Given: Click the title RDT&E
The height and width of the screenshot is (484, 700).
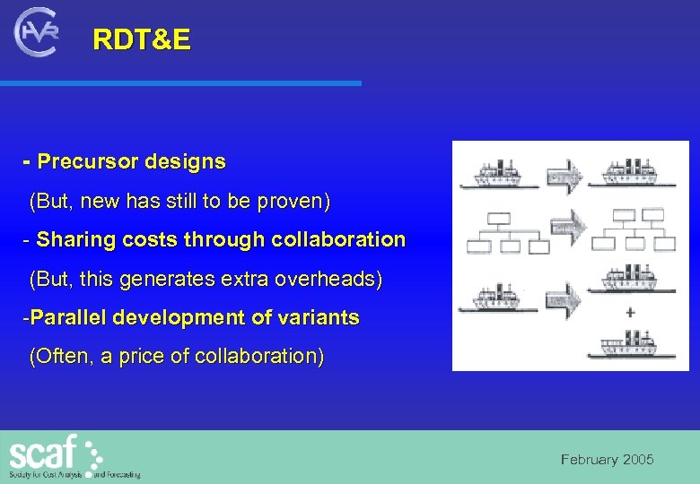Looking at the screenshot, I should point(142,40).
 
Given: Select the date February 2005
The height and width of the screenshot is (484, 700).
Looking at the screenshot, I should point(607,460).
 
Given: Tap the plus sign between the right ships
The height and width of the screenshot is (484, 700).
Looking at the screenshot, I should point(631,313).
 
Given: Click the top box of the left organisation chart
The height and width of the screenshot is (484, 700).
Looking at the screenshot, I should point(498,218).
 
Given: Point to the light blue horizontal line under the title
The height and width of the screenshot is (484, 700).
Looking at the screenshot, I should point(179,82).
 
